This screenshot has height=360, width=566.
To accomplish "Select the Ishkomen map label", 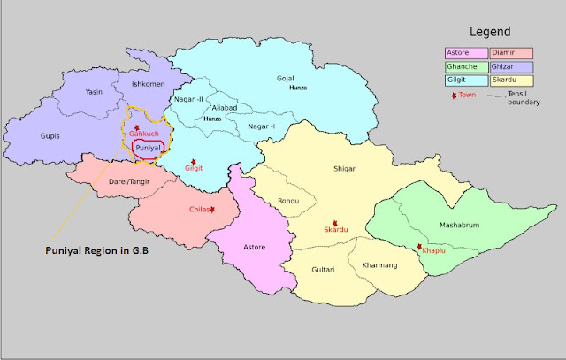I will point(148,85).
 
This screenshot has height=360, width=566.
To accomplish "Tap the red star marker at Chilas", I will point(213,209).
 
